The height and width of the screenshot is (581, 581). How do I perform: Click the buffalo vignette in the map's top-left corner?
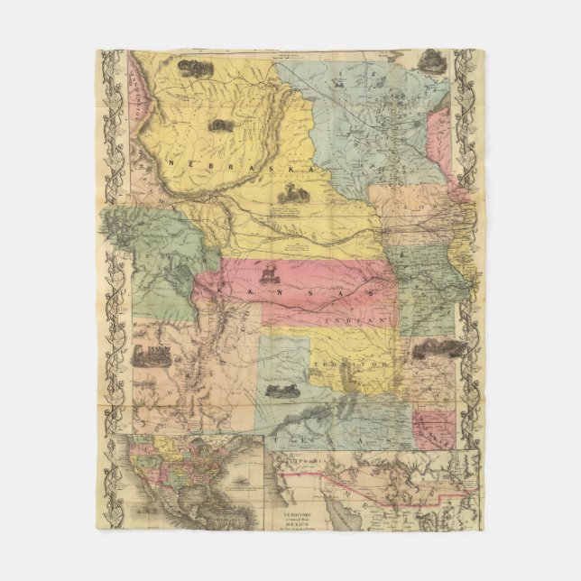point(195,68)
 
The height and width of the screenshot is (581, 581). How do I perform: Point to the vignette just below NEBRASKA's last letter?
point(292,191)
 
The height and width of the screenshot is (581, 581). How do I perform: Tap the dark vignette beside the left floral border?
point(151,353)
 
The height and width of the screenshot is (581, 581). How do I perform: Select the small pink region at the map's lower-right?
point(436,429)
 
